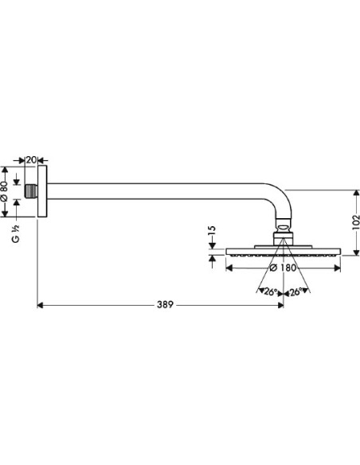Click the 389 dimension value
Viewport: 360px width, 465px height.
click(165, 305)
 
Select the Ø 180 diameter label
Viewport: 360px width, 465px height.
click(284, 268)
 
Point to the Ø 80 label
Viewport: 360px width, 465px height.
click(4, 191)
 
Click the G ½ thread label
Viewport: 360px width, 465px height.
click(16, 233)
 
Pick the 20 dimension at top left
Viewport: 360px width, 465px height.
click(31, 160)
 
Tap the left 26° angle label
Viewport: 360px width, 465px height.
click(270, 292)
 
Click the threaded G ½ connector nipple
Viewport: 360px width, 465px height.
click(31, 191)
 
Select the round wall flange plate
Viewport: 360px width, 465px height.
click(42, 191)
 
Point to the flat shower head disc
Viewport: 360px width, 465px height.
click(284, 252)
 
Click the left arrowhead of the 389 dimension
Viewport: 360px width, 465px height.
click(40, 305)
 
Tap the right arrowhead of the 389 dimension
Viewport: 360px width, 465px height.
click(281, 305)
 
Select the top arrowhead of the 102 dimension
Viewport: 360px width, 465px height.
click(355, 193)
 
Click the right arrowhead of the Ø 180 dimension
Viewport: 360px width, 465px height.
click(338, 268)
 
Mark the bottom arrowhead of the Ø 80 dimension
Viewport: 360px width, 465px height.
click(4, 213)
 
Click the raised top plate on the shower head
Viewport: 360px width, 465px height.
click(284, 247)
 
